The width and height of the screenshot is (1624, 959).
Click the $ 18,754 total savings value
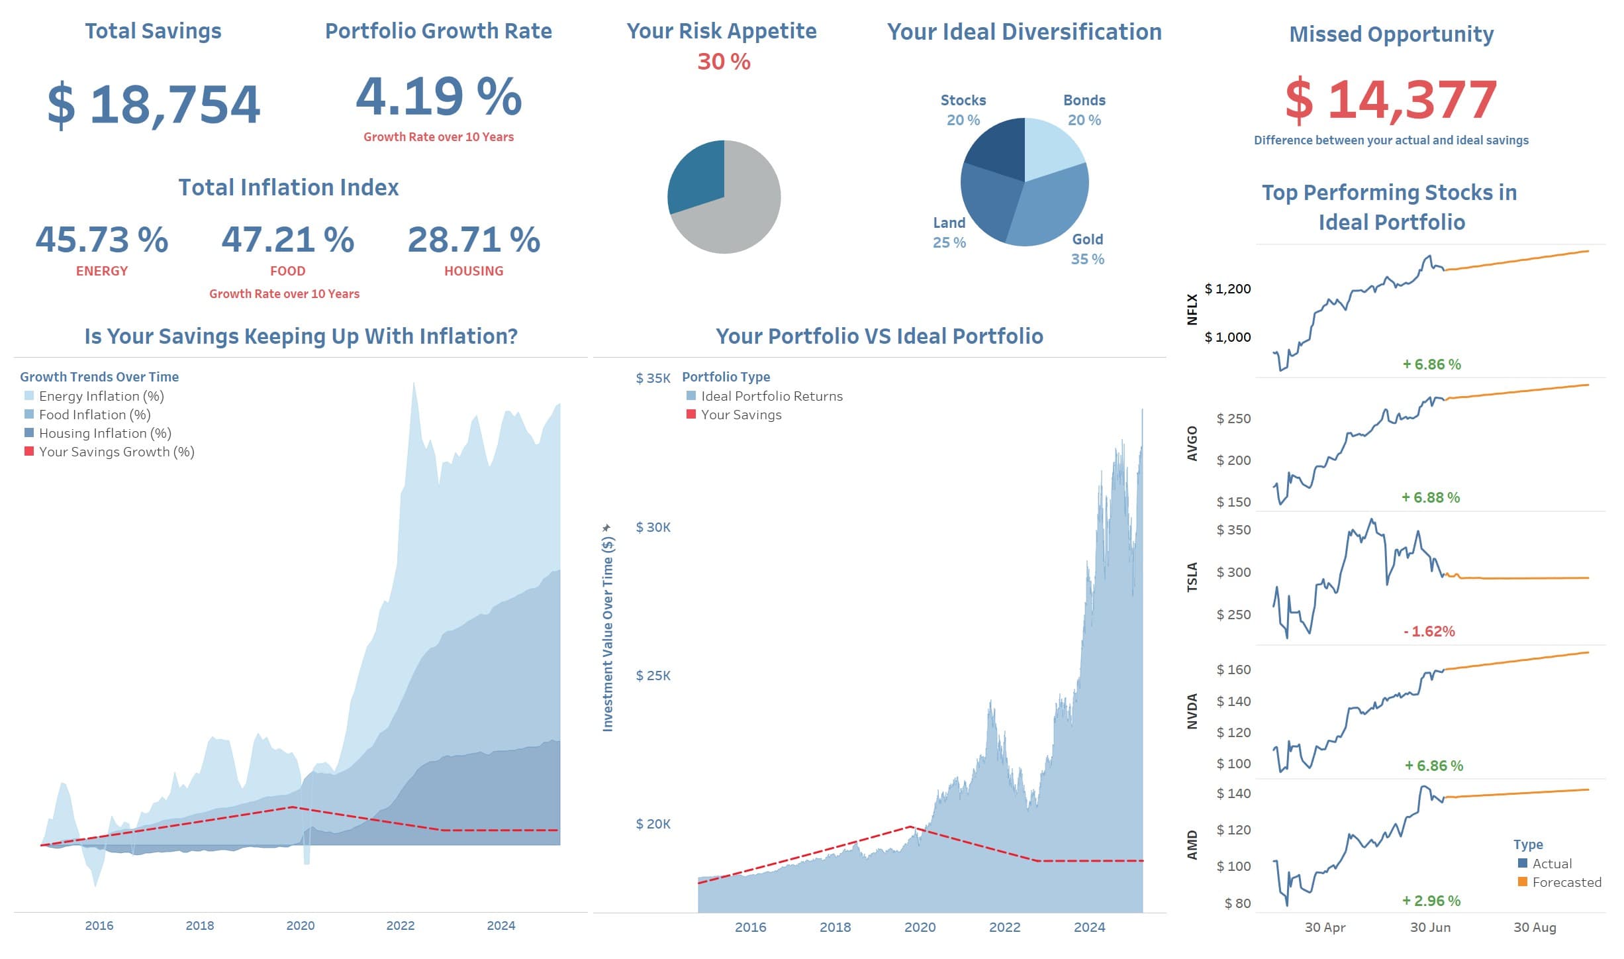(x=154, y=105)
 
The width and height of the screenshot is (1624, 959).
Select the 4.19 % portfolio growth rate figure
(x=438, y=97)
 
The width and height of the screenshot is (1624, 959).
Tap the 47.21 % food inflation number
(x=287, y=240)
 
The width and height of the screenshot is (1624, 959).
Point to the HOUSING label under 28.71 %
(x=473, y=271)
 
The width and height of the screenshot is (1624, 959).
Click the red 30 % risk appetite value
(x=723, y=62)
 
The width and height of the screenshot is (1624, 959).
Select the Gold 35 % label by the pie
(x=1087, y=249)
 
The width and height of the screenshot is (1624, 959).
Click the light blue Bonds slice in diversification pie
(x=1051, y=147)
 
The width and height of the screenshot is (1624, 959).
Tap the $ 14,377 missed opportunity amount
(x=1390, y=100)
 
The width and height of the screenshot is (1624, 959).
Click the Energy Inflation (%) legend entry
(x=101, y=396)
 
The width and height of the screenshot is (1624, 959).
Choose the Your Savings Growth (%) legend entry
(x=116, y=452)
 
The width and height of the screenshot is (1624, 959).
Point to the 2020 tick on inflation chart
(x=300, y=925)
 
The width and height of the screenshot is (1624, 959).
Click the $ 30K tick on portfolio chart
(x=653, y=527)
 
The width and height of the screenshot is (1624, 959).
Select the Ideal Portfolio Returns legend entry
(x=771, y=396)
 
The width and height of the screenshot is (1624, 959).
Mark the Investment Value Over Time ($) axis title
(x=608, y=629)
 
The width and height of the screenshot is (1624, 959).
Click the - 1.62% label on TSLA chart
(x=1429, y=631)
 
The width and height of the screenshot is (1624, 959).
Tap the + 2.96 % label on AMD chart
(x=1431, y=901)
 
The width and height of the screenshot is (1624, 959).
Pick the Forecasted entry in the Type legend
(x=1566, y=882)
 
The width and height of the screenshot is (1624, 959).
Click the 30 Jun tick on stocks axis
(x=1430, y=927)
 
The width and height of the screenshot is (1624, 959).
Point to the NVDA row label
(x=1192, y=711)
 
